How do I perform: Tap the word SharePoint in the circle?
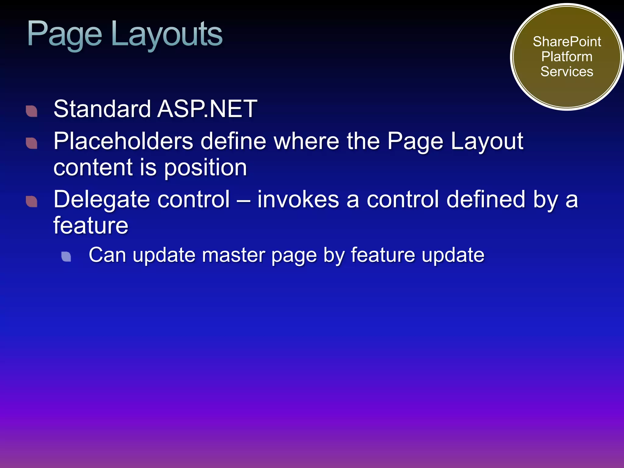(x=567, y=42)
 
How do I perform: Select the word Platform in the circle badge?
(x=567, y=57)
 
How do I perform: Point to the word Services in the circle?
(x=567, y=72)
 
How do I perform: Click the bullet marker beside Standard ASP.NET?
(x=32, y=111)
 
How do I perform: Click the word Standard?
(x=102, y=109)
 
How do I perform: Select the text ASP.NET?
(x=207, y=109)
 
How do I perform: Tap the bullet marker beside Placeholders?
(x=32, y=143)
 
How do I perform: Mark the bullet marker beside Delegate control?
(x=32, y=201)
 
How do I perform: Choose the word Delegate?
(x=102, y=200)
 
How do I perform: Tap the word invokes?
(x=298, y=200)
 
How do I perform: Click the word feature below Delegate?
(x=91, y=225)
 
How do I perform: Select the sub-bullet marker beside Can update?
(x=66, y=257)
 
